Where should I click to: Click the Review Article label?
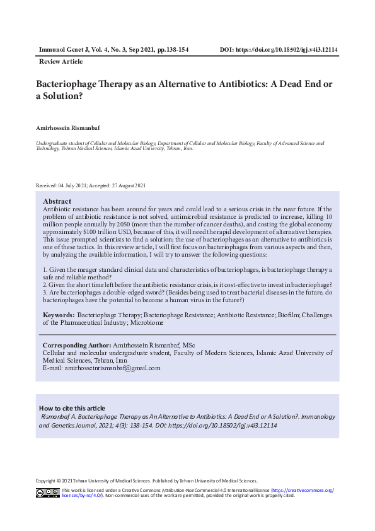[x=61, y=62]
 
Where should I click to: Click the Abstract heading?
[x=57, y=201]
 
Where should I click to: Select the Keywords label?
[x=59, y=315]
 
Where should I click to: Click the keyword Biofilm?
[x=289, y=315]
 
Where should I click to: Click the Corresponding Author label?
[x=76, y=346]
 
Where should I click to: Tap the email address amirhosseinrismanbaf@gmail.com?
[x=101, y=368]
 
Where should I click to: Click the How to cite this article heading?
[x=72, y=408]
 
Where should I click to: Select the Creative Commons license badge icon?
[x=47, y=493]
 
